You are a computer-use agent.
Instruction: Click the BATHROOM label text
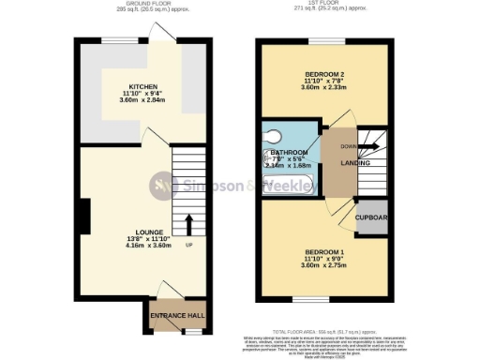tap(291, 153)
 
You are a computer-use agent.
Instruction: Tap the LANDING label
tap(354, 163)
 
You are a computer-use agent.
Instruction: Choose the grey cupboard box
tap(372, 217)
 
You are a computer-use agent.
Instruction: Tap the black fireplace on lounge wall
tap(85, 216)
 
